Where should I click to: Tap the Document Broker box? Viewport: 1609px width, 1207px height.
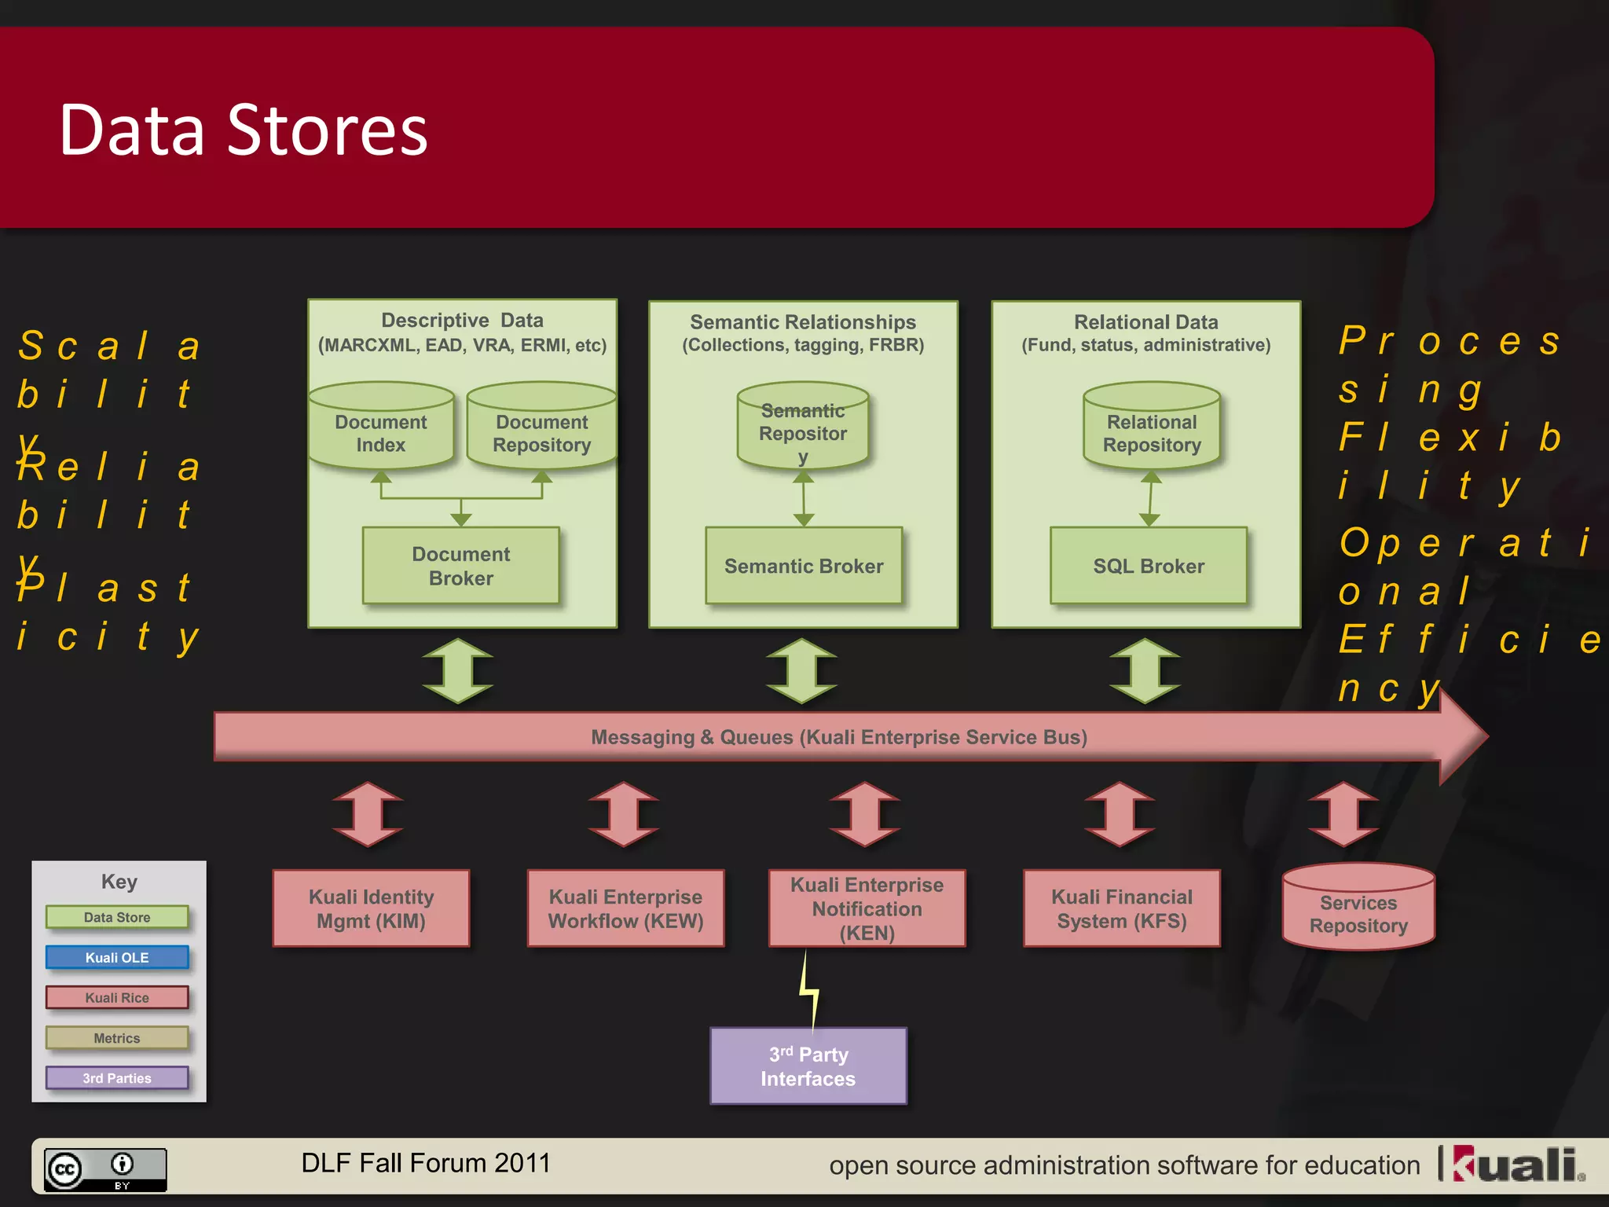[x=461, y=566]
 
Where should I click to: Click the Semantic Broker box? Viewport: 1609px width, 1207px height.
[x=804, y=566]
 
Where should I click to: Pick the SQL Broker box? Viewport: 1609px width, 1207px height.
[x=1149, y=566]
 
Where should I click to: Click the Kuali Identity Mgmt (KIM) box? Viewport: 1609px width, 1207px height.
[x=371, y=908]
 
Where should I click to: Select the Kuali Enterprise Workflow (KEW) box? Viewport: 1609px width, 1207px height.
[x=625, y=908]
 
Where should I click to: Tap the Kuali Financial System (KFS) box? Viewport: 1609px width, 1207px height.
[x=1122, y=908]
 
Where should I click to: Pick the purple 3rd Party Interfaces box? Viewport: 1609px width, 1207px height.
[x=808, y=1066]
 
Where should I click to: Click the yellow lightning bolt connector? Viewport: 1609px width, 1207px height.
[x=809, y=990]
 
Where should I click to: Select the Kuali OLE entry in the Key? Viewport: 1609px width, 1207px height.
[x=117, y=957]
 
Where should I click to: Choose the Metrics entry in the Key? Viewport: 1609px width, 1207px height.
[x=117, y=1038]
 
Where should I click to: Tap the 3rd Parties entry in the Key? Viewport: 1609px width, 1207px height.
[x=117, y=1078]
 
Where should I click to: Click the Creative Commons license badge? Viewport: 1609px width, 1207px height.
[x=105, y=1169]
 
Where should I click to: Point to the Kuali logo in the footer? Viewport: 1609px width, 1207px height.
[x=1518, y=1165]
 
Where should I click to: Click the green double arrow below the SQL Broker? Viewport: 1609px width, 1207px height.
[x=1145, y=671]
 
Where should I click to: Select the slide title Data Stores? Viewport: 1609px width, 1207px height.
[x=244, y=130]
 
